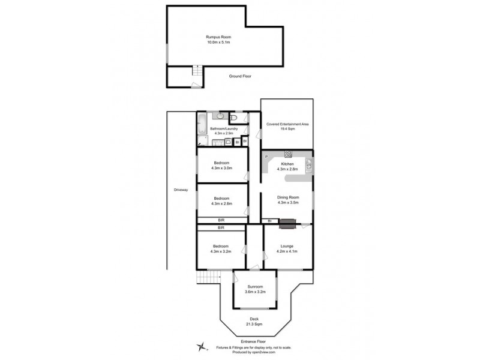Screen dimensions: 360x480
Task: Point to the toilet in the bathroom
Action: [x=234, y=118]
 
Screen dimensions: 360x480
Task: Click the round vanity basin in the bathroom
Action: [x=220, y=116]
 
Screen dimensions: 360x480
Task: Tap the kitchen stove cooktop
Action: [x=288, y=154]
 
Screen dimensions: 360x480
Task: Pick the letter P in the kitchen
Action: [x=266, y=157]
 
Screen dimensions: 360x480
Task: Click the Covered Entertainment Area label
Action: [x=287, y=124]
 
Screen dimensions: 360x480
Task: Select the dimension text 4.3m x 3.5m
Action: [x=287, y=203]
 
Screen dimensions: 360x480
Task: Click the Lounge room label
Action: [x=287, y=246]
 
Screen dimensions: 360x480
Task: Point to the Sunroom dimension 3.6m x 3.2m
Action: [x=254, y=292]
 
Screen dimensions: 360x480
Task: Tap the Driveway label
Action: [x=181, y=190]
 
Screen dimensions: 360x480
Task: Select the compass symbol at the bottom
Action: [x=203, y=347]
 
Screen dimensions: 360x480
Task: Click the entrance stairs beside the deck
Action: [x=208, y=277]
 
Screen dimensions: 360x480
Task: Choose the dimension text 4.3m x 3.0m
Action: [x=221, y=169]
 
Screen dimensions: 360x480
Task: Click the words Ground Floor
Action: [x=240, y=76]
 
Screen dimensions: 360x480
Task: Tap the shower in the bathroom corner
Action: [x=202, y=141]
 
